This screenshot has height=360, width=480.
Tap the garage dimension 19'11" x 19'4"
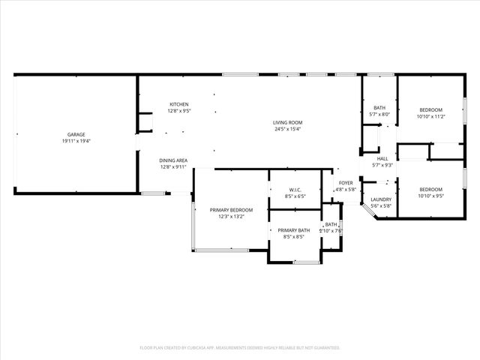tap(75, 142)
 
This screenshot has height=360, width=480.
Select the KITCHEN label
tap(178, 104)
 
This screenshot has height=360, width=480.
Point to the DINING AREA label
tap(173, 160)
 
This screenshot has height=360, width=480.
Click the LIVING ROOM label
tap(287, 122)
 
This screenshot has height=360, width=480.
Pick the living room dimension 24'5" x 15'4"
tap(287, 129)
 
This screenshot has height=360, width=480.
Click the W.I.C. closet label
tap(295, 190)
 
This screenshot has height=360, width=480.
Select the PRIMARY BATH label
tap(294, 230)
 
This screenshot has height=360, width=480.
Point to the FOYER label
tap(346, 183)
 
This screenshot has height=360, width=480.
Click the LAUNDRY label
tap(381, 199)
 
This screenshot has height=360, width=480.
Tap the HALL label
tap(382, 158)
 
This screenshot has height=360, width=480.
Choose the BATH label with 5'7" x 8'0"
tap(379, 108)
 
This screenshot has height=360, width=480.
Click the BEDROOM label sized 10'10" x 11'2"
tap(430, 109)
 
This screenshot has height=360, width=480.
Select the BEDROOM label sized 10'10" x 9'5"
tap(430, 189)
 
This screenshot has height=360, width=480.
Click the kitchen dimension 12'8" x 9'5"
tap(178, 111)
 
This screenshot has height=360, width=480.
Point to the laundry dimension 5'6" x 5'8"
tap(381, 205)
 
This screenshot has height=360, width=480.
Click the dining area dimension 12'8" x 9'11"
tap(173, 167)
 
